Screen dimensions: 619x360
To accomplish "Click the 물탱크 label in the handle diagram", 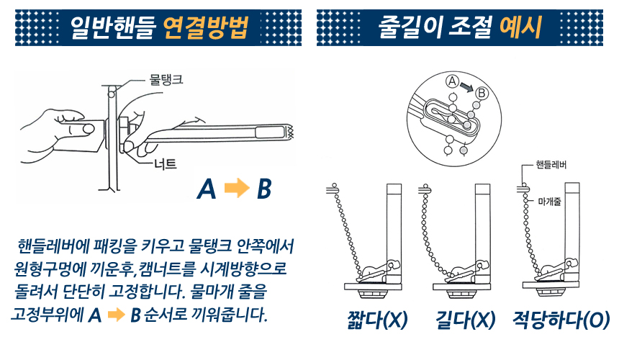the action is pyautogui.click(x=166, y=79).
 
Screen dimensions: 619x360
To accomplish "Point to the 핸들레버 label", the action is pyautogui.click(x=551, y=165).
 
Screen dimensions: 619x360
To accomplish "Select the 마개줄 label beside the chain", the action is pyautogui.click(x=549, y=202).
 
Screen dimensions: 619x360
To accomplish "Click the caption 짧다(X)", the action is pyautogui.click(x=377, y=320).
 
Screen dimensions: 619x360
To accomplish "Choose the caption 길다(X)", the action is pyautogui.click(x=466, y=320).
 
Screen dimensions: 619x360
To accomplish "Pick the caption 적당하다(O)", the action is pyautogui.click(x=561, y=320).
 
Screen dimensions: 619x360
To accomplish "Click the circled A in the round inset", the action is pyautogui.click(x=452, y=81).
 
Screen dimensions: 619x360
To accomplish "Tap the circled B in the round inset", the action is pyautogui.click(x=482, y=93).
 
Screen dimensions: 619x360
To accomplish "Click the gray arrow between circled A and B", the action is pyautogui.click(x=466, y=87).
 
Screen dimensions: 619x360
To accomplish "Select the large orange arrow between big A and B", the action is pyautogui.click(x=237, y=189).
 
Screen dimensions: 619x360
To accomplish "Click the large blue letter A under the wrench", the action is pyautogui.click(x=207, y=189).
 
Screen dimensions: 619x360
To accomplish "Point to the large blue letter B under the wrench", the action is pyautogui.click(x=264, y=189).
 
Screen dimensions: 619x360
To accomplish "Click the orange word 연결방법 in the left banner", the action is pyautogui.click(x=205, y=27).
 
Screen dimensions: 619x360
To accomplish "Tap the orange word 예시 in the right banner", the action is pyautogui.click(x=520, y=27).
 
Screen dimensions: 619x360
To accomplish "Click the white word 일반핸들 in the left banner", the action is pyautogui.click(x=112, y=27).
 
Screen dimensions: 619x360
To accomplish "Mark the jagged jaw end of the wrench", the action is pyautogui.click(x=290, y=132).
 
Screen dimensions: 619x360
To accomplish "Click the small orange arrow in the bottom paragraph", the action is pyautogui.click(x=117, y=315).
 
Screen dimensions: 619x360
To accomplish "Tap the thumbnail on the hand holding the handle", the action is pyautogui.click(x=89, y=128).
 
